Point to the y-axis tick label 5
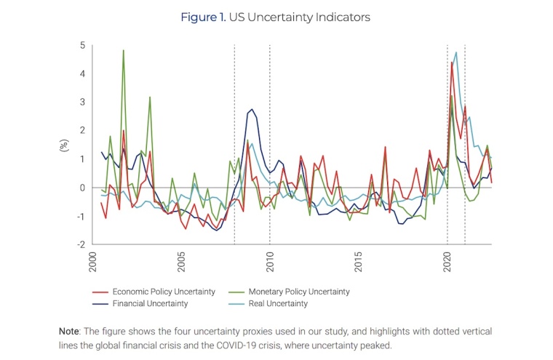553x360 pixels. click(x=82, y=45)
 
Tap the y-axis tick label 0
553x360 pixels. click(x=82, y=188)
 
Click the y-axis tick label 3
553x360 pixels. click(x=82, y=103)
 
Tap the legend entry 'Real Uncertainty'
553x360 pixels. click(x=276, y=303)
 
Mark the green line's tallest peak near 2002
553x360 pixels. click(x=123, y=50)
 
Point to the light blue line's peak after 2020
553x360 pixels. click(x=456, y=52)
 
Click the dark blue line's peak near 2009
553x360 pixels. click(x=252, y=109)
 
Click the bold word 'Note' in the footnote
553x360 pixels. click(x=70, y=331)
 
